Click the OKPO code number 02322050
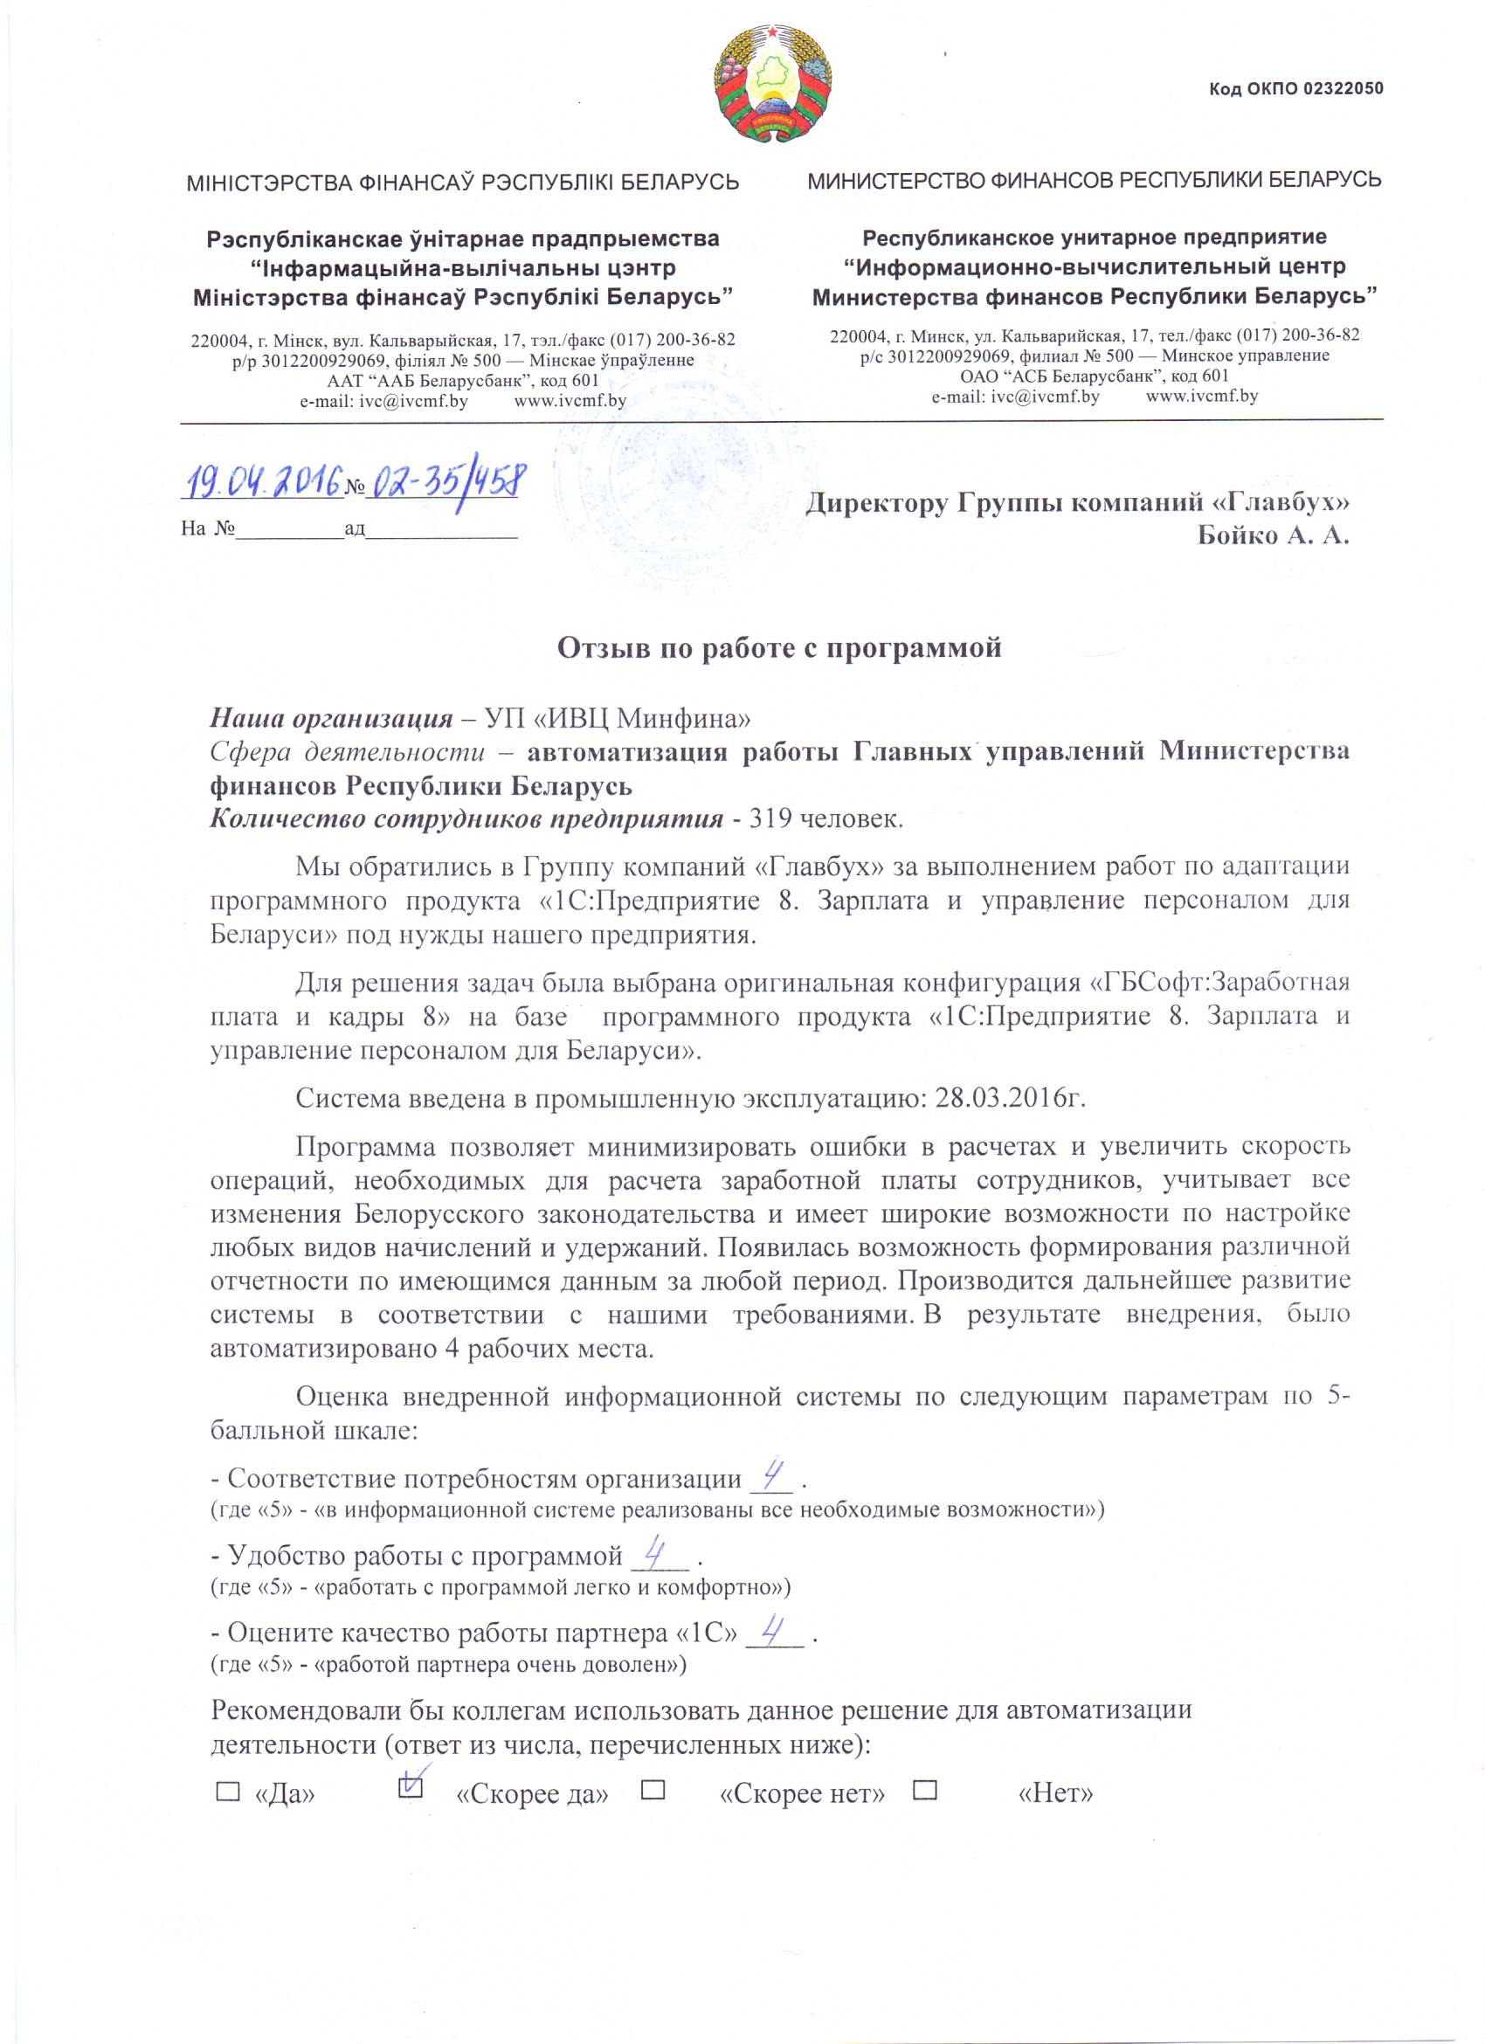click(x=1343, y=88)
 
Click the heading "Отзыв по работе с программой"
click(x=778, y=648)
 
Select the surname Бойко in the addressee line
click(x=1235, y=535)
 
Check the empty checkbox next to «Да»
click(x=228, y=1792)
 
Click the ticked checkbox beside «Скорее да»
click(x=410, y=1789)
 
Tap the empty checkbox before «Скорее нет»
click(x=653, y=1790)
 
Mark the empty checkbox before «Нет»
click(x=924, y=1790)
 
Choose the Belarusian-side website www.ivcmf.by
click(x=570, y=401)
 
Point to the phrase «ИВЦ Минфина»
click(x=627, y=718)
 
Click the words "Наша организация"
click(x=331, y=718)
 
